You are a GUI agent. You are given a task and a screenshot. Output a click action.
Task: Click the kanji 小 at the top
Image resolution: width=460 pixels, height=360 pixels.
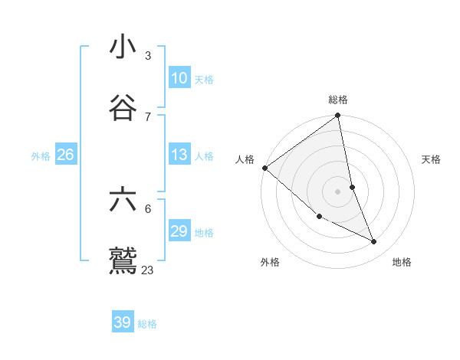123,47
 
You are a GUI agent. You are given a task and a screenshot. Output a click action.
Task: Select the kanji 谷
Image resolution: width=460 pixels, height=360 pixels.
123,108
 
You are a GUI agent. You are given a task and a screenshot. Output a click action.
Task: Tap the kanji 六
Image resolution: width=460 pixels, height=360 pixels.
123,200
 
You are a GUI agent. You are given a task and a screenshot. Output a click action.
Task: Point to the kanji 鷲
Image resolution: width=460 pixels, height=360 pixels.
123,261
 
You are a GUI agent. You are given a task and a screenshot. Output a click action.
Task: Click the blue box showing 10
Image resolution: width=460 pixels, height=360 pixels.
179,78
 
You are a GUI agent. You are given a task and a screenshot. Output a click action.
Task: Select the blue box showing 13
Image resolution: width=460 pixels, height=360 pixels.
179,155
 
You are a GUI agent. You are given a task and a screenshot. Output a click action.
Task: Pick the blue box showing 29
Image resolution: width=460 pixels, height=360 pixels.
179,231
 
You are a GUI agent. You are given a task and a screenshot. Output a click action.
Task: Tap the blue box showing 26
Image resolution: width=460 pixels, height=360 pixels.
65,155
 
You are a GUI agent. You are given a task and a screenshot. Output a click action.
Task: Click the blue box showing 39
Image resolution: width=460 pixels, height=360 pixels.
123,322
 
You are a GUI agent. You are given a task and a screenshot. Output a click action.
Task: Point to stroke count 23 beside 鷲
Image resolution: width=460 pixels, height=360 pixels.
148,270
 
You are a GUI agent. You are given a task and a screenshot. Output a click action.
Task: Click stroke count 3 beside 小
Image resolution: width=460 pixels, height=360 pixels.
148,56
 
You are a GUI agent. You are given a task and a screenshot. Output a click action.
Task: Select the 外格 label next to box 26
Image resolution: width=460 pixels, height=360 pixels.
41,156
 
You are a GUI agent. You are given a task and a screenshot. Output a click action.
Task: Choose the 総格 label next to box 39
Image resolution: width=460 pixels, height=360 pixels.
147,324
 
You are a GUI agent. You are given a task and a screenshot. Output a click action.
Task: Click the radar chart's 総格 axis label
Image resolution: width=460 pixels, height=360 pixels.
338,100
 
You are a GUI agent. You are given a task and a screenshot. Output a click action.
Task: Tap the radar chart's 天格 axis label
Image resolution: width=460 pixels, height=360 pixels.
431,159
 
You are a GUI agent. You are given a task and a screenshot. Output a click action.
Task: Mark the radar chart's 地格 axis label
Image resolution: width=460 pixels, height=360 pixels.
402,262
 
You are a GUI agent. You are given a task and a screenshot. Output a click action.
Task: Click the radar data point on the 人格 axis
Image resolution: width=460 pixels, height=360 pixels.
264,168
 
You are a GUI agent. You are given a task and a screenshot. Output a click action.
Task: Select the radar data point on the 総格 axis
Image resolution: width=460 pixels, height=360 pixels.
337,116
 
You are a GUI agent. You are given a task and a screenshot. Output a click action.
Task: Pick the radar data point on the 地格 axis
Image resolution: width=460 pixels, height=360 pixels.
374,241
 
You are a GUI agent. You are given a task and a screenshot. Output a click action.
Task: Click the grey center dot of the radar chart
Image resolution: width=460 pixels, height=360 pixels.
337,191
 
